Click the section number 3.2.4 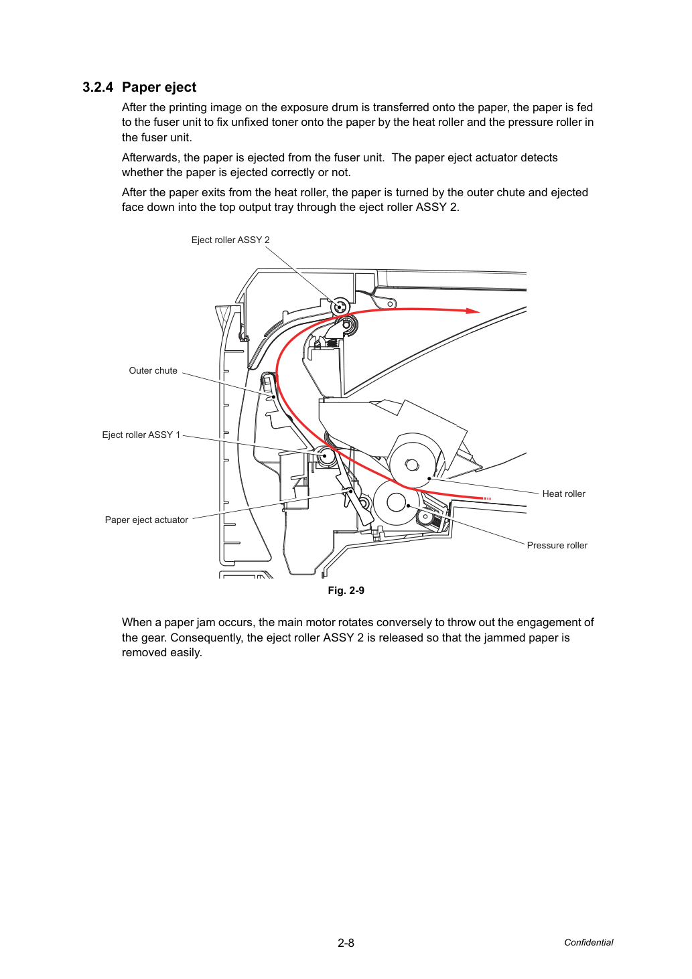(98, 87)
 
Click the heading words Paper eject (159, 88)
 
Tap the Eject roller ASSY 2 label (230, 240)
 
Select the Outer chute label (153, 370)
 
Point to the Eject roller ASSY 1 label (141, 435)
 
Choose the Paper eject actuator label (147, 520)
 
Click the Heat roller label (563, 494)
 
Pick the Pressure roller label (557, 546)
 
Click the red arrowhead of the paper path (473, 311)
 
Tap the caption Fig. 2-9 (346, 591)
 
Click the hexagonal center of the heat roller (411, 464)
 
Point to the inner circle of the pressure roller (396, 503)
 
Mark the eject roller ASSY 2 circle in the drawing (340, 307)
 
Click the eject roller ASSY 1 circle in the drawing (325, 456)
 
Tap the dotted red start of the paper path (486, 498)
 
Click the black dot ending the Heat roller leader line (429, 479)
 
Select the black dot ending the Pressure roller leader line (408, 506)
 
